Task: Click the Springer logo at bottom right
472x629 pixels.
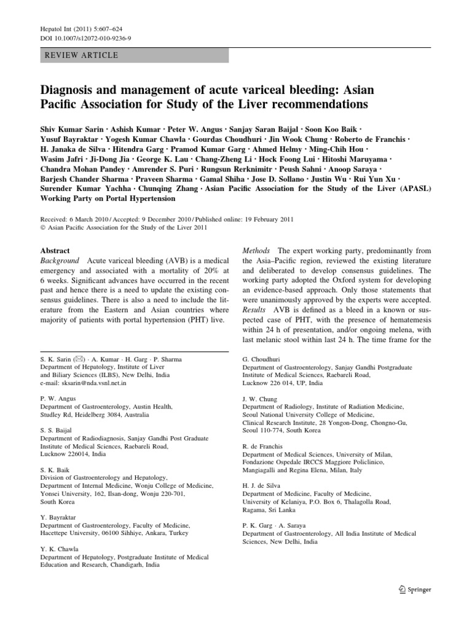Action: click(415, 589)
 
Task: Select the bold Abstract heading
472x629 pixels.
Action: click(55, 251)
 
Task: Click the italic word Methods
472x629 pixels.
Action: click(256, 251)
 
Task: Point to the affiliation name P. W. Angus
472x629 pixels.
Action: click(58, 399)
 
